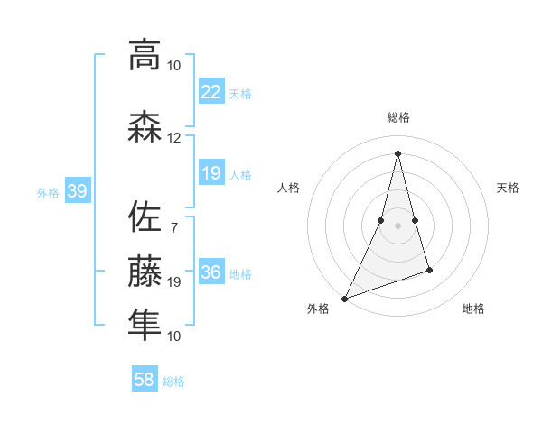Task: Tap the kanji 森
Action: click(x=145, y=127)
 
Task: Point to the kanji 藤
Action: click(x=145, y=271)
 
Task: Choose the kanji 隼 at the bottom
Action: click(x=145, y=325)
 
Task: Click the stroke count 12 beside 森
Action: click(x=174, y=138)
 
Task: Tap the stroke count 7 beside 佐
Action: click(x=173, y=226)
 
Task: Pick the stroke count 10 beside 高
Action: click(x=174, y=65)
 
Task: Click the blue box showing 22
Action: click(x=210, y=91)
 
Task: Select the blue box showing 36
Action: click(x=210, y=272)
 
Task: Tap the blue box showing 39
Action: click(x=77, y=191)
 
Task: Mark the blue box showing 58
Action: click(x=145, y=380)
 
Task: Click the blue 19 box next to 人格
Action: click(x=210, y=173)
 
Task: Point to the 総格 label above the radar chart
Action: click(x=397, y=117)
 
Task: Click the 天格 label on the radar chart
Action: click(x=509, y=188)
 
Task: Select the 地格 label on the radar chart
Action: click(x=473, y=309)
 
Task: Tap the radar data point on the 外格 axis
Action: click(x=344, y=299)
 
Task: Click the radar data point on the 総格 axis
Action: click(x=397, y=153)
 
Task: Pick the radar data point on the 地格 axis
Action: click(x=429, y=270)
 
